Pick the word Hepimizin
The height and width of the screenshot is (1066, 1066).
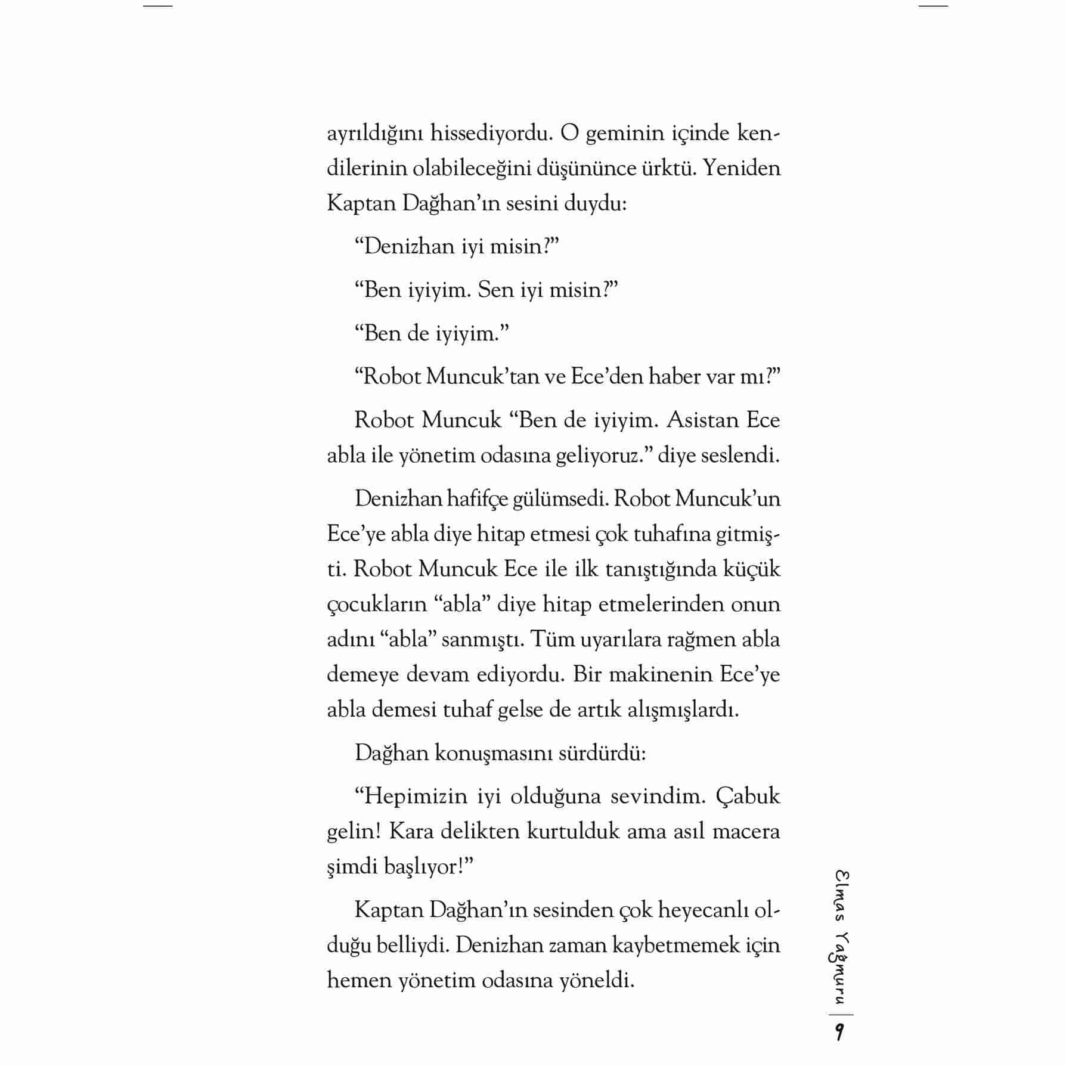tap(415, 797)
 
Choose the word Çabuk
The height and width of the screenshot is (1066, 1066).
tap(747, 797)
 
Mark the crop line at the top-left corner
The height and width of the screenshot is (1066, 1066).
tap(158, 6)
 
